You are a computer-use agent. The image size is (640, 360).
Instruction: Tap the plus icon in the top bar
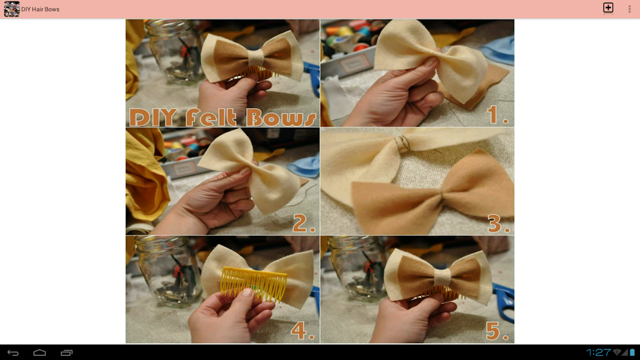pos(608,8)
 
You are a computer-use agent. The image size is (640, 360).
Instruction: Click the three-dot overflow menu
pos(629,8)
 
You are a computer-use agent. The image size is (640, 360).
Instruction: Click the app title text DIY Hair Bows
pos(40,9)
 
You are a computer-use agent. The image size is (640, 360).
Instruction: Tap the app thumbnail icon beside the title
pos(11,9)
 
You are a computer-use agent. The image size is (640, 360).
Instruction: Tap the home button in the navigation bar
pos(39,353)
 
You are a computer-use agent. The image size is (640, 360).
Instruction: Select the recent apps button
pos(66,353)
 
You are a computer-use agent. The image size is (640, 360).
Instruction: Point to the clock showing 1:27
pos(598,352)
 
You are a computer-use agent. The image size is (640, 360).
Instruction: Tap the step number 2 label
pos(304,223)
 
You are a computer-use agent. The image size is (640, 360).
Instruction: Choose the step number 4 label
pos(303,330)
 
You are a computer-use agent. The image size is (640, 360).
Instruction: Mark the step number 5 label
pos(497,331)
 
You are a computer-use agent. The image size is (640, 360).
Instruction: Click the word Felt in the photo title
pos(211,118)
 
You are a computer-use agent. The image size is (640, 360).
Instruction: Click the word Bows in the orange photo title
pos(281,118)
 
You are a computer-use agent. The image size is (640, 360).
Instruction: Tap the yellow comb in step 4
pos(253,283)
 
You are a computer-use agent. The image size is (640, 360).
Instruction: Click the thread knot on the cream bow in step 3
pos(402,143)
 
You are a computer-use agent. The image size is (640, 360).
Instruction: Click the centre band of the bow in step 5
pos(442,277)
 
